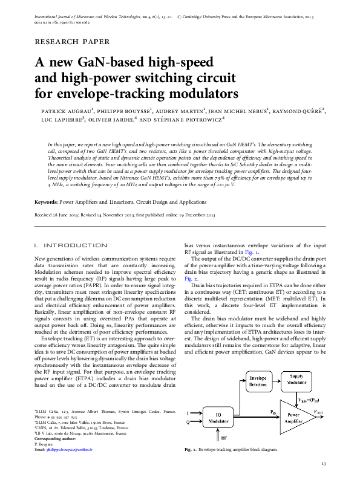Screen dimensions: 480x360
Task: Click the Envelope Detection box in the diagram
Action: click(x=258, y=381)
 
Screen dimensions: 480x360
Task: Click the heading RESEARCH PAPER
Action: click(x=73, y=42)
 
